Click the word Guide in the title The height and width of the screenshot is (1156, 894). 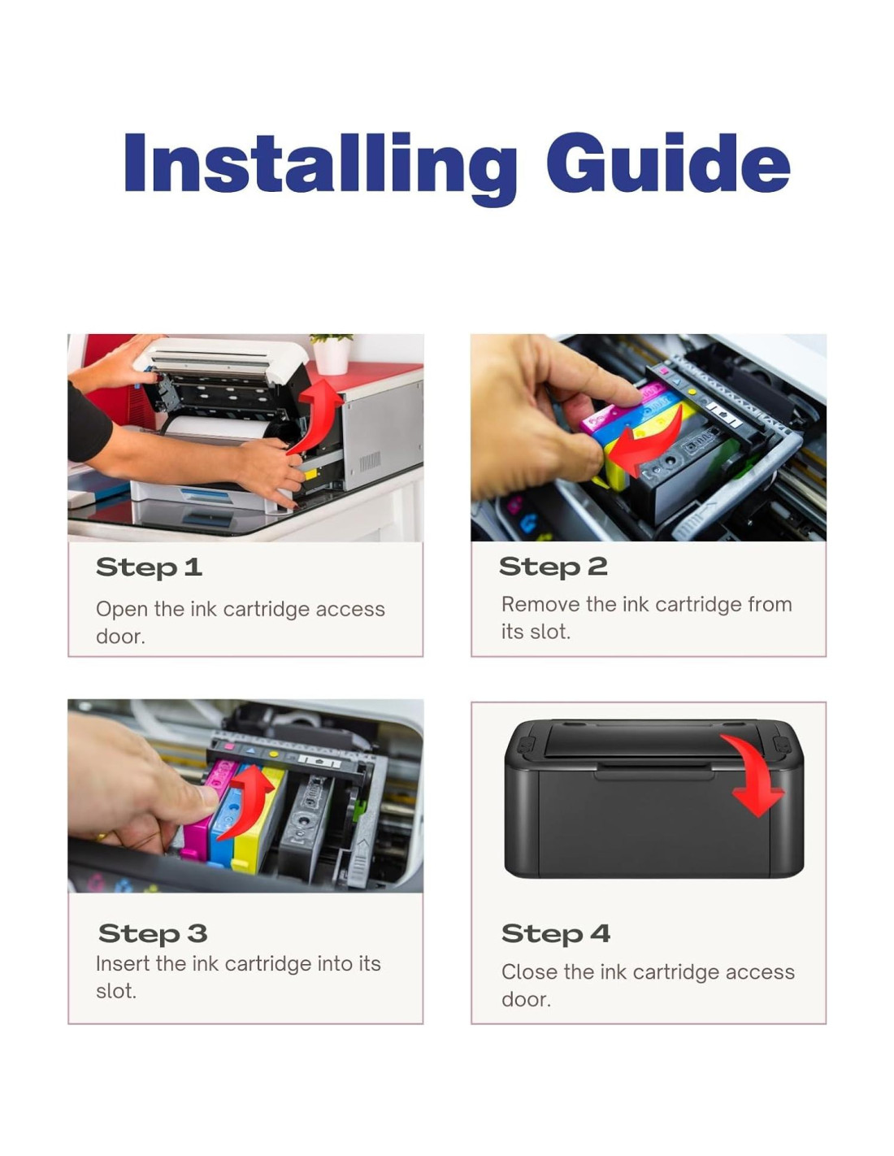[x=668, y=163]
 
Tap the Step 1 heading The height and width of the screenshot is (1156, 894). [x=149, y=567]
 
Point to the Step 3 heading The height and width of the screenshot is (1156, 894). [x=153, y=933]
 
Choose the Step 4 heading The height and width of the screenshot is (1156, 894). [x=556, y=933]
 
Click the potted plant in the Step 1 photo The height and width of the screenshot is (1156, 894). [x=332, y=354]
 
